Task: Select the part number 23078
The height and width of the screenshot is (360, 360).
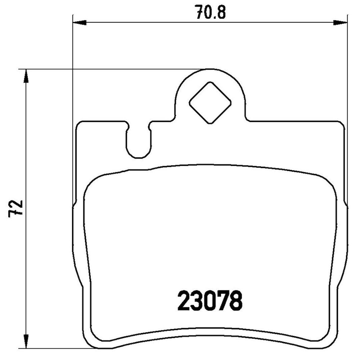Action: (x=210, y=300)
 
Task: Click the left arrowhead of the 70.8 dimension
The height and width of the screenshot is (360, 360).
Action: (x=79, y=23)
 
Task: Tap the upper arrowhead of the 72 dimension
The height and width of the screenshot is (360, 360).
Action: (x=26, y=76)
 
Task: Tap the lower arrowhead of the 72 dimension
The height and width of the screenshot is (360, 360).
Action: (x=26, y=341)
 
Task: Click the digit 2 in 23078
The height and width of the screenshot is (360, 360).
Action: (x=184, y=300)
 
